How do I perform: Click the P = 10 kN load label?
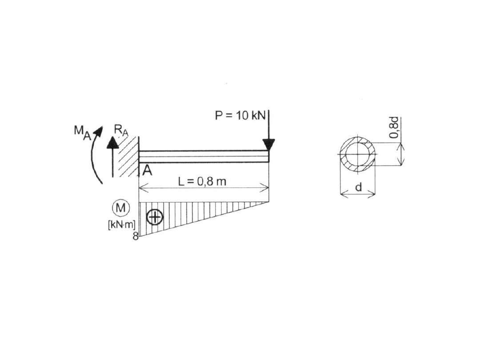[240, 116]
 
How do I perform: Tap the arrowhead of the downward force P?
[269, 144]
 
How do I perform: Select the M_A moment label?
[83, 132]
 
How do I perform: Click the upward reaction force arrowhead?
[112, 142]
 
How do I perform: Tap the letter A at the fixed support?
[147, 170]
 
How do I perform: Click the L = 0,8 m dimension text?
[202, 181]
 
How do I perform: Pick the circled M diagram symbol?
[121, 208]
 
